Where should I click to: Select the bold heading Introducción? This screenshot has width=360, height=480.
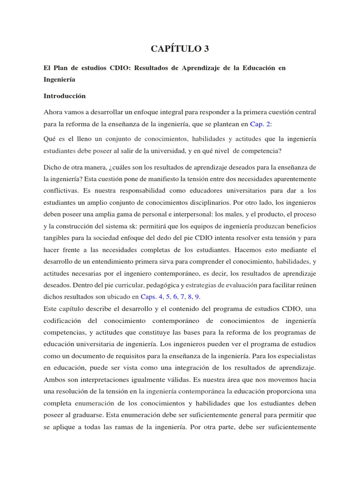(x=65, y=96)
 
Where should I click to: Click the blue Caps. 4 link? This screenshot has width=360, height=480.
(x=152, y=297)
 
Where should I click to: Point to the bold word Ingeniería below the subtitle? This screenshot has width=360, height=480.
(x=60, y=80)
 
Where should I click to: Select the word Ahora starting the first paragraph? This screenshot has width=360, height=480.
(x=54, y=112)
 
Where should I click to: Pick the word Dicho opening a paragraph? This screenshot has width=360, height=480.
(x=52, y=167)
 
